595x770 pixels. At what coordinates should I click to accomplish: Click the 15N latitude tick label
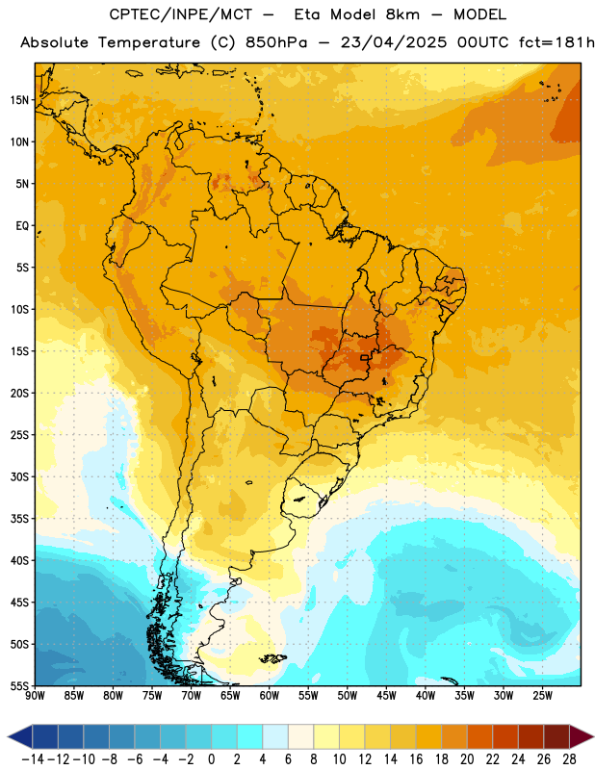pyautogui.click(x=19, y=100)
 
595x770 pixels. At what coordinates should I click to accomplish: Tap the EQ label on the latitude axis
pyautogui.click(x=22, y=226)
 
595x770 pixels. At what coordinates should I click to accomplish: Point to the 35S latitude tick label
pyautogui.click(x=19, y=519)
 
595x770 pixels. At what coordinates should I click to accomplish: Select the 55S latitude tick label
pyautogui.click(x=19, y=685)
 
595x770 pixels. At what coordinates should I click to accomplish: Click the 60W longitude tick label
pyautogui.click(x=270, y=695)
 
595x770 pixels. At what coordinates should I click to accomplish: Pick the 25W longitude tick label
pyautogui.click(x=542, y=695)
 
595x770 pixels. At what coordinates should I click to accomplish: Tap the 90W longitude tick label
pyautogui.click(x=35, y=695)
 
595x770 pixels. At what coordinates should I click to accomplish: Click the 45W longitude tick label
pyautogui.click(x=386, y=695)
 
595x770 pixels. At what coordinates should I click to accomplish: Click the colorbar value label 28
pyautogui.click(x=569, y=759)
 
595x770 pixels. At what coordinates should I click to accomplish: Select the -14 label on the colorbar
pyautogui.click(x=33, y=759)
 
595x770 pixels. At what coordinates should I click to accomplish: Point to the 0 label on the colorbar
pyautogui.click(x=212, y=759)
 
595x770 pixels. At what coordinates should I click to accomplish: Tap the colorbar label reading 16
pyautogui.click(x=416, y=759)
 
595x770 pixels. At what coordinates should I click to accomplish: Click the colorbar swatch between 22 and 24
pyautogui.click(x=505, y=736)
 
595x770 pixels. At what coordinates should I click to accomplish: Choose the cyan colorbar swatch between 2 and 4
pyautogui.click(x=250, y=736)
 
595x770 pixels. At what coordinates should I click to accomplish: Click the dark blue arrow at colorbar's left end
pyautogui.click(x=20, y=736)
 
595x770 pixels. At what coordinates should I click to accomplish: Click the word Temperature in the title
pyautogui.click(x=149, y=42)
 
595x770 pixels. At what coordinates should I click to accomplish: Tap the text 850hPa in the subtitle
pyautogui.click(x=276, y=42)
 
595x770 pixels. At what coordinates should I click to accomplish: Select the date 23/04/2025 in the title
pyautogui.click(x=394, y=42)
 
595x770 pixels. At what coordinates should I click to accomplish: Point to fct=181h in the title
pyautogui.click(x=556, y=42)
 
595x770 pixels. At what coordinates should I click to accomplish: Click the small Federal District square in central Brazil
pyautogui.click(x=365, y=357)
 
